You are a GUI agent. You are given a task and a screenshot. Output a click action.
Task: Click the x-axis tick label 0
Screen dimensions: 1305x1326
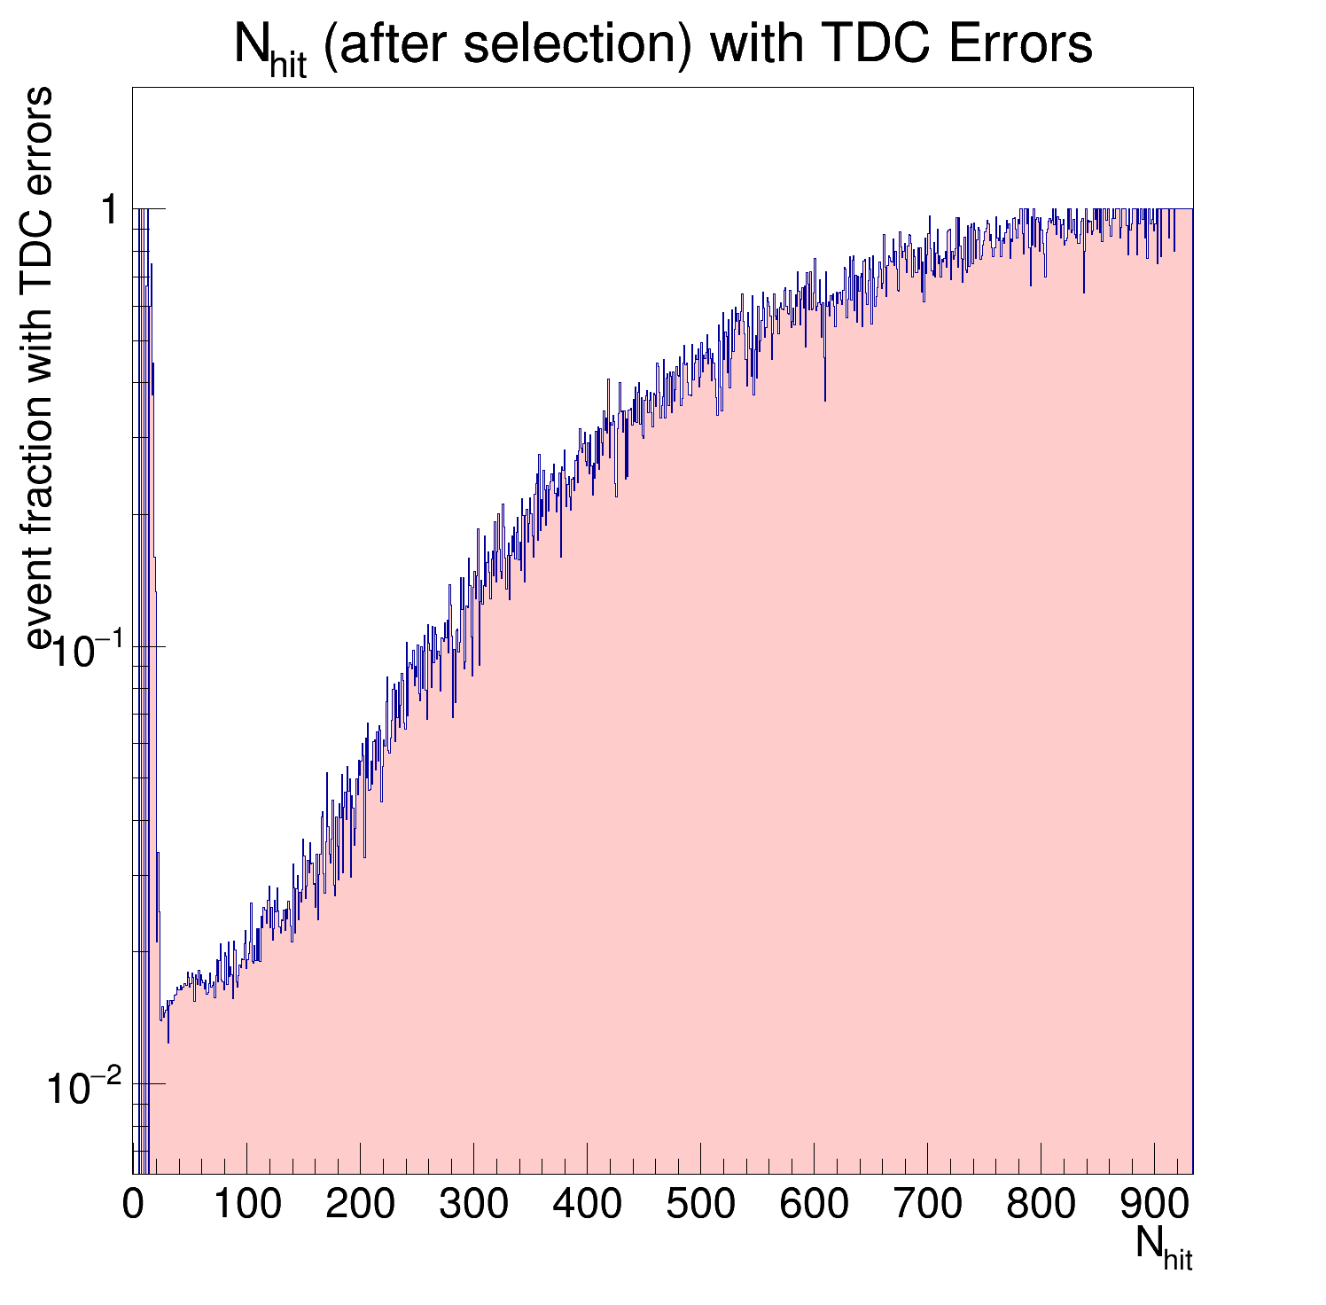[x=133, y=1205]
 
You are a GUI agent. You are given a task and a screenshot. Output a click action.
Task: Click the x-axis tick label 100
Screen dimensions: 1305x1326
[x=247, y=1205]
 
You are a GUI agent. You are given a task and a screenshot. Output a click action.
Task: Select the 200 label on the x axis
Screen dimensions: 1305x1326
[x=361, y=1205]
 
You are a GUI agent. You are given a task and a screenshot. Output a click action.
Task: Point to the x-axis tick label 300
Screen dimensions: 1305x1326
[x=474, y=1205]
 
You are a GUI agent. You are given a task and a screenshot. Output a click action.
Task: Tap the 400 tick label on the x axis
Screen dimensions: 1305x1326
[x=588, y=1205]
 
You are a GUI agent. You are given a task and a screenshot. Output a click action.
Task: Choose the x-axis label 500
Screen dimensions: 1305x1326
[x=701, y=1205]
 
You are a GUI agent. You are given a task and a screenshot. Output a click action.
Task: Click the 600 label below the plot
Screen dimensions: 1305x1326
[x=815, y=1205]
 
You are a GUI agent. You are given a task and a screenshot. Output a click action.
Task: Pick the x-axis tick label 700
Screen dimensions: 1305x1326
[x=928, y=1205]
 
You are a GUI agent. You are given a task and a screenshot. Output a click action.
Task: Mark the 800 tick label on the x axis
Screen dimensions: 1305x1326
[x=1041, y=1205]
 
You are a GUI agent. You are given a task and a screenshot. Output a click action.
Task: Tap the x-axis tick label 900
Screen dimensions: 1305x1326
[x=1155, y=1205]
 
